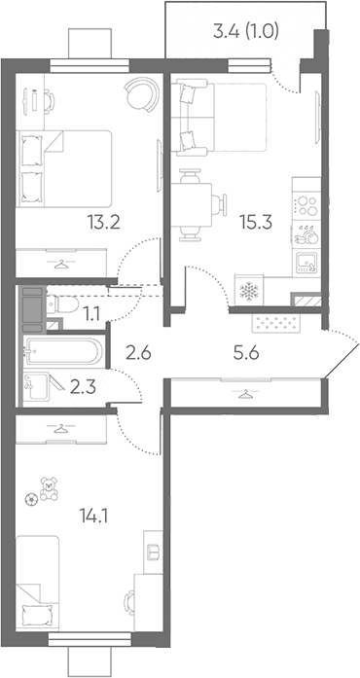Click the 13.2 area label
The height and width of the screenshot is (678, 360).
tap(103, 223)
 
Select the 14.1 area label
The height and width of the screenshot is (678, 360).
tap(93, 515)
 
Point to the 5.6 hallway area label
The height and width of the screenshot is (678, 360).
tap(247, 354)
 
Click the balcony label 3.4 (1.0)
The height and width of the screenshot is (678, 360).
tap(246, 31)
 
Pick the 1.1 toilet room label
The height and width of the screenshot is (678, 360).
tap(92, 312)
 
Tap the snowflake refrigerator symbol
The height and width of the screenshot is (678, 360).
tap(248, 292)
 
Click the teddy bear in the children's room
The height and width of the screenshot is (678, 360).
tap(49, 489)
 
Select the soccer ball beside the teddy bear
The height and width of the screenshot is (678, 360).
tap(32, 499)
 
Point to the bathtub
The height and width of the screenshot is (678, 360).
tap(64, 351)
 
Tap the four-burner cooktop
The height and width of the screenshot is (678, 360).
tap(306, 205)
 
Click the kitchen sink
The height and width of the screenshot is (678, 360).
tap(306, 263)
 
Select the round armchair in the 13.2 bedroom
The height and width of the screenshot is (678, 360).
tap(141, 93)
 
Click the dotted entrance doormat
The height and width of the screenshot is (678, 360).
tap(275, 323)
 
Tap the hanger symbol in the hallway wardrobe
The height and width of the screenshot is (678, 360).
tap(246, 394)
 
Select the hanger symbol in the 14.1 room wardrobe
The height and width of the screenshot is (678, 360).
tap(61, 428)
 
